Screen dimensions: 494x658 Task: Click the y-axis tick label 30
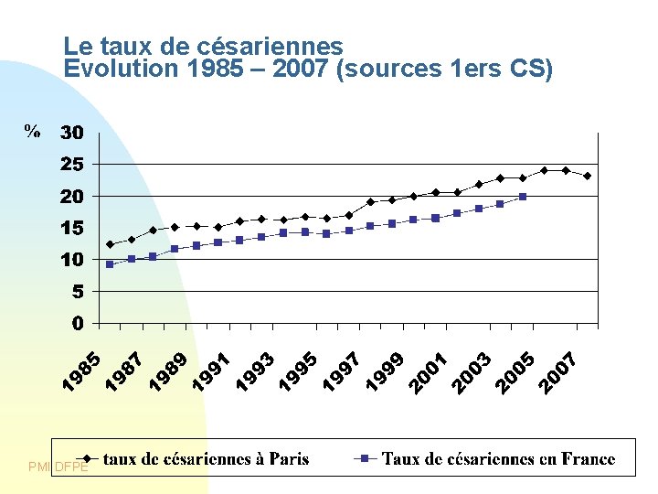pos(71,134)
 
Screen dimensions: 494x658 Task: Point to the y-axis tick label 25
pos(71,165)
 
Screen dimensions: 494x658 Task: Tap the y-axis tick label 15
pos(71,228)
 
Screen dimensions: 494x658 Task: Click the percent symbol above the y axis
pos(32,133)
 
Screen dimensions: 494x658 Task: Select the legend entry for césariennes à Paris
pos(206,459)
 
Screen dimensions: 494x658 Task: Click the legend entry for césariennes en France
pos(498,459)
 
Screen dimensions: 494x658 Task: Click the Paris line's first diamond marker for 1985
pos(110,244)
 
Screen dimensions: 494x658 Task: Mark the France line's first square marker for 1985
pos(110,264)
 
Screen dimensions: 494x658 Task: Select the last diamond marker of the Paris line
pos(587,176)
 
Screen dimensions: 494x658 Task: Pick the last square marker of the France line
pos(523,197)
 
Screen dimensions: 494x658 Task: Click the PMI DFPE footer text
pos(58,467)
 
